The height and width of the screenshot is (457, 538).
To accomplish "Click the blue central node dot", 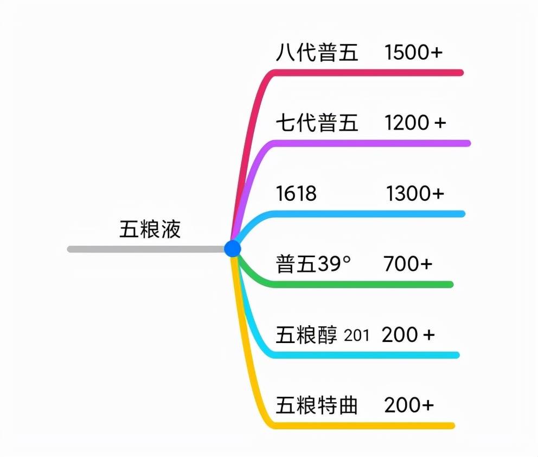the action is tap(232, 249).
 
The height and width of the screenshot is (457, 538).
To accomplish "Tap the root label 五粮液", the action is tap(150, 230).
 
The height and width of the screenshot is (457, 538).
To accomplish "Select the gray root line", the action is tap(146, 249).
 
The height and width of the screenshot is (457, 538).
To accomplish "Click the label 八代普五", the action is tap(317, 53).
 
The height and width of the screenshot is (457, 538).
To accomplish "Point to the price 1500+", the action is tap(413, 53).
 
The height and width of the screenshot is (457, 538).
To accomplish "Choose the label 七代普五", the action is tap(317, 123).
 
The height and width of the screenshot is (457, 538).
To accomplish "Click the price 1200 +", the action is tap(415, 123).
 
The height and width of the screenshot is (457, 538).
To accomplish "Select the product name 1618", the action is tap(296, 193).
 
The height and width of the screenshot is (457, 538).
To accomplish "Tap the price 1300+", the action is tap(415, 193).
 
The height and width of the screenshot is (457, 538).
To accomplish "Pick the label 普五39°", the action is tap(313, 264).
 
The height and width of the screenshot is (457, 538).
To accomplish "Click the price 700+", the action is tap(408, 264).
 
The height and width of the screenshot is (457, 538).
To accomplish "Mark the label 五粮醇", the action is tap(306, 335).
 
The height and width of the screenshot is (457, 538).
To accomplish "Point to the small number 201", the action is tap(356, 335).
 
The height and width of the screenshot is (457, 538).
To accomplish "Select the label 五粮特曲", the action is tap(317, 405).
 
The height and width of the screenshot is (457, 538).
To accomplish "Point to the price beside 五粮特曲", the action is tap(408, 405).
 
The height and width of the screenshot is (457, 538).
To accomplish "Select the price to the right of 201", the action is tap(408, 335).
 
